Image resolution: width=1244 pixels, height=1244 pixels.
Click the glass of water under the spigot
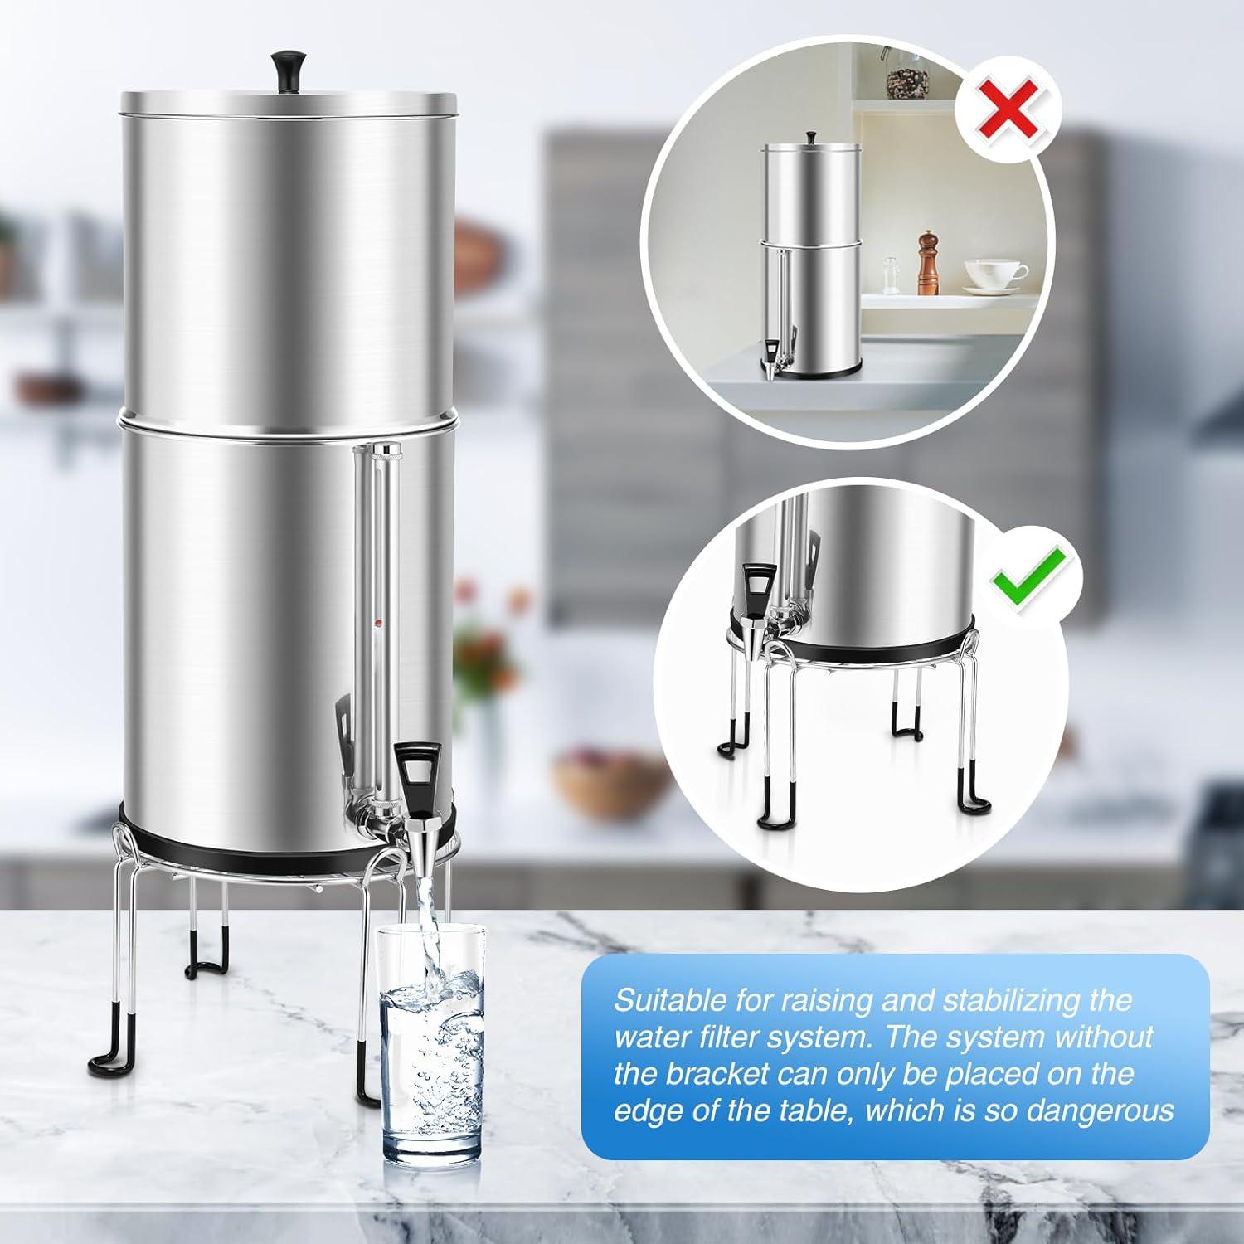(430, 1045)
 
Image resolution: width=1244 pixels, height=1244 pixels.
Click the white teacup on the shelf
(994, 273)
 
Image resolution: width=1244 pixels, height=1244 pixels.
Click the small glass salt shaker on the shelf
(892, 271)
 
